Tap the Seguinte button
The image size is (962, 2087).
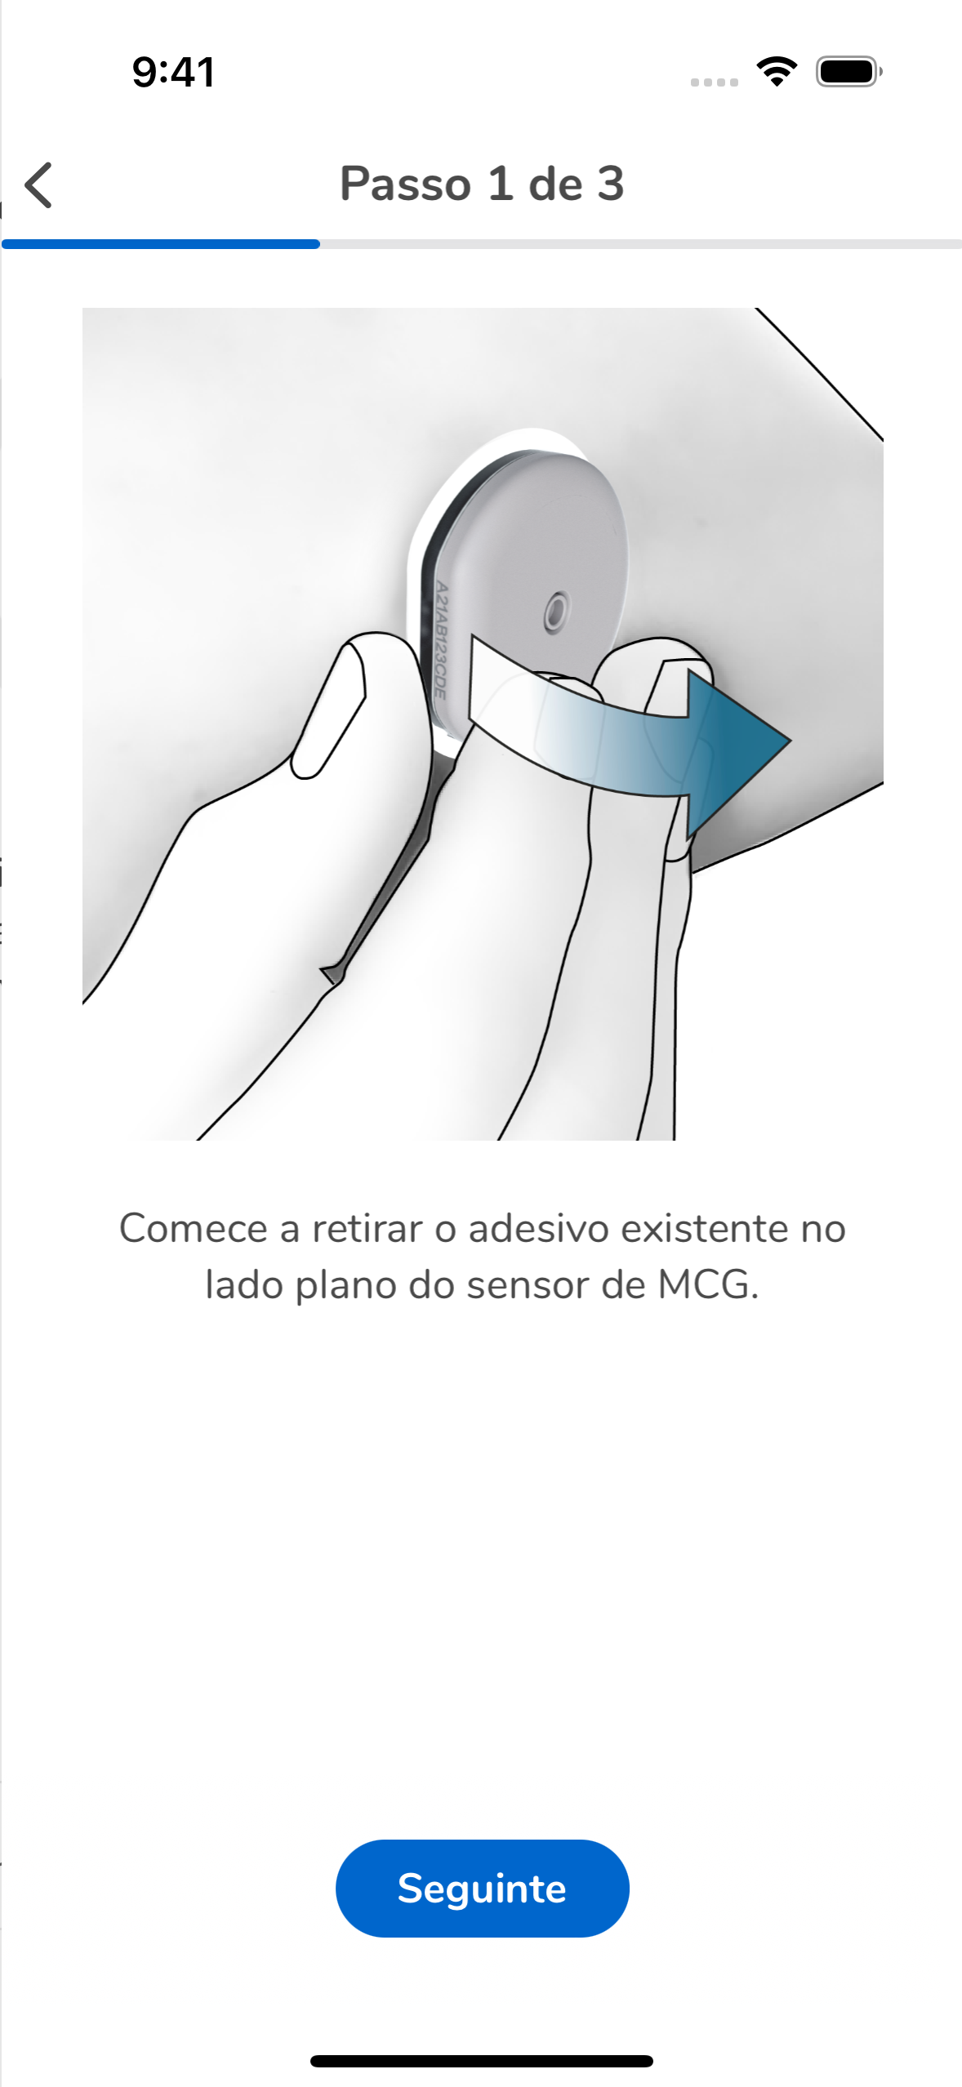pos(482,1888)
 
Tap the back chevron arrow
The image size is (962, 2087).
pos(38,185)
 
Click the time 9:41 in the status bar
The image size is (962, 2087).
pos(174,72)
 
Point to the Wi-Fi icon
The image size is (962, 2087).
pos(777,72)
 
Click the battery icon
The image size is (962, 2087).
pos(848,72)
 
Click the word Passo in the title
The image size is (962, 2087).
pos(405,184)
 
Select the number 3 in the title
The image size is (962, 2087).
pos(610,184)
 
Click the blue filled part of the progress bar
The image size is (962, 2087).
pos(161,243)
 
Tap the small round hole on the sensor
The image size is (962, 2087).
pos(556,610)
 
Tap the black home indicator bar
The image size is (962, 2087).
pos(482,2061)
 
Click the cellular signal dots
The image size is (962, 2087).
pos(714,82)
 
